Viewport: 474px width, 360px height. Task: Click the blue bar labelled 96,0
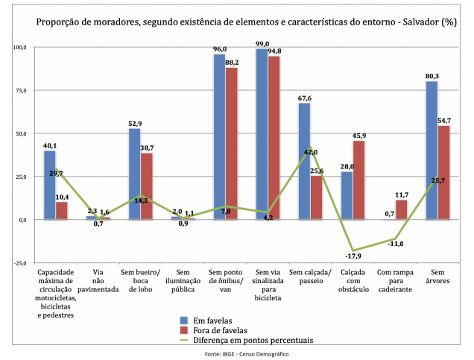pos(219,137)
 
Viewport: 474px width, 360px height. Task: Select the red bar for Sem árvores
pos(443,173)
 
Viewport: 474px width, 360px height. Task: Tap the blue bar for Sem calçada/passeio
pos(304,162)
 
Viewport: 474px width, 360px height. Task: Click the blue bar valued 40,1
pos(49,186)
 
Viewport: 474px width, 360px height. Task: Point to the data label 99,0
pos(261,44)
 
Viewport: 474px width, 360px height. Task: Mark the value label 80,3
pos(432,75)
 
